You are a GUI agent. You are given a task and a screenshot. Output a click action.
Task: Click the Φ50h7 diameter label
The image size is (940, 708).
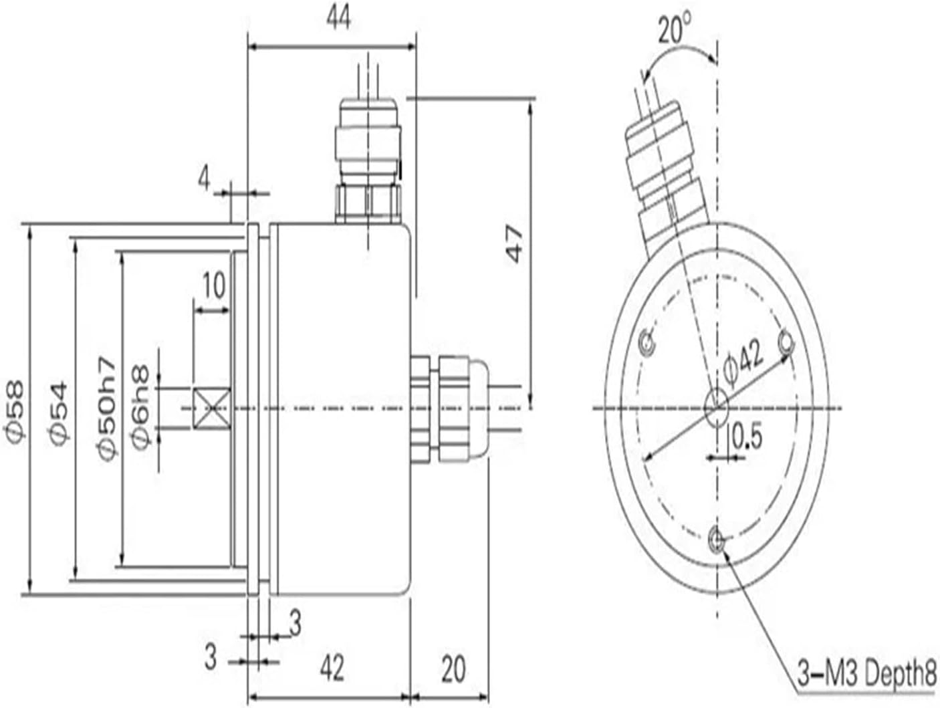[x=106, y=410]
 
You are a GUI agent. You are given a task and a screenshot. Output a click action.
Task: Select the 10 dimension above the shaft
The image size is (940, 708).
[x=213, y=286]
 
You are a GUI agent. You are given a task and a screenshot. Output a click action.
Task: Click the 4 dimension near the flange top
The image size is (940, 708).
[x=205, y=179]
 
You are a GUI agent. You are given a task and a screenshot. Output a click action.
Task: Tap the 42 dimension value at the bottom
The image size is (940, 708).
[x=332, y=667]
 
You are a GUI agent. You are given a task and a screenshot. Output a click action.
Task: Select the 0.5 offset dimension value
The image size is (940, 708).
[x=747, y=437]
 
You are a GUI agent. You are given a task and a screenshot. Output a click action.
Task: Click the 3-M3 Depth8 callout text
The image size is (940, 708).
[x=866, y=673]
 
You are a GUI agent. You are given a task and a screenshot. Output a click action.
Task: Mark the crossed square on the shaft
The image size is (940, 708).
[x=211, y=408]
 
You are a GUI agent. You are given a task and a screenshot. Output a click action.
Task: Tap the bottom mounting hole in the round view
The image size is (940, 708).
[x=715, y=538]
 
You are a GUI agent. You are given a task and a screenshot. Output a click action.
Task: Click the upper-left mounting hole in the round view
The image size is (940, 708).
[x=647, y=344]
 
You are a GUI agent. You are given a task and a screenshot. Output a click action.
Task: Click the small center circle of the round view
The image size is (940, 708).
[x=716, y=406]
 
